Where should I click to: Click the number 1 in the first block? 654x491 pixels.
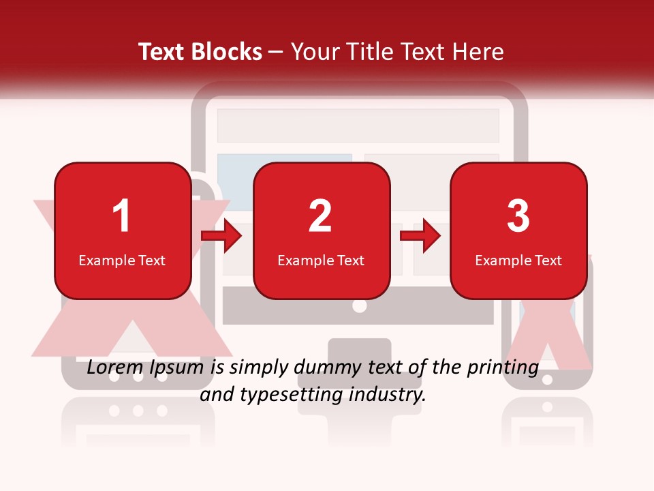(x=122, y=217)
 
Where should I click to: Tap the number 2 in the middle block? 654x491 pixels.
(x=320, y=217)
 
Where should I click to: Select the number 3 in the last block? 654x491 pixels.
(x=518, y=217)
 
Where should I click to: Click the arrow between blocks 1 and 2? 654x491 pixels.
(x=222, y=236)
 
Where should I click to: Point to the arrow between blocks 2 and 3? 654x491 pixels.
(x=420, y=236)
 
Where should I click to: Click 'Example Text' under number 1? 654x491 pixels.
(x=122, y=261)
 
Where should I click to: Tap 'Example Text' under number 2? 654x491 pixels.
(x=321, y=261)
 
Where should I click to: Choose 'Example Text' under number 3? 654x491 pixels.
(x=518, y=261)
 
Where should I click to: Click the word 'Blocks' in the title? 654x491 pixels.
(x=226, y=52)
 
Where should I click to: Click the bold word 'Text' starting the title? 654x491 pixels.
(x=162, y=52)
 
